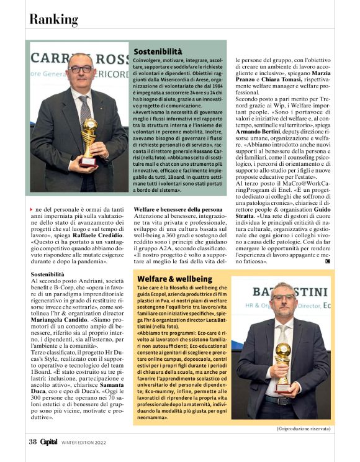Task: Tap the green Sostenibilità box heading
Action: click(158, 51)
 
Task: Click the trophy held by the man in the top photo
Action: click(89, 138)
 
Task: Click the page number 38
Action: click(32, 442)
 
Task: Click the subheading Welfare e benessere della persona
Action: click(178, 210)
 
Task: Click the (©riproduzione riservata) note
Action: click(304, 428)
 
